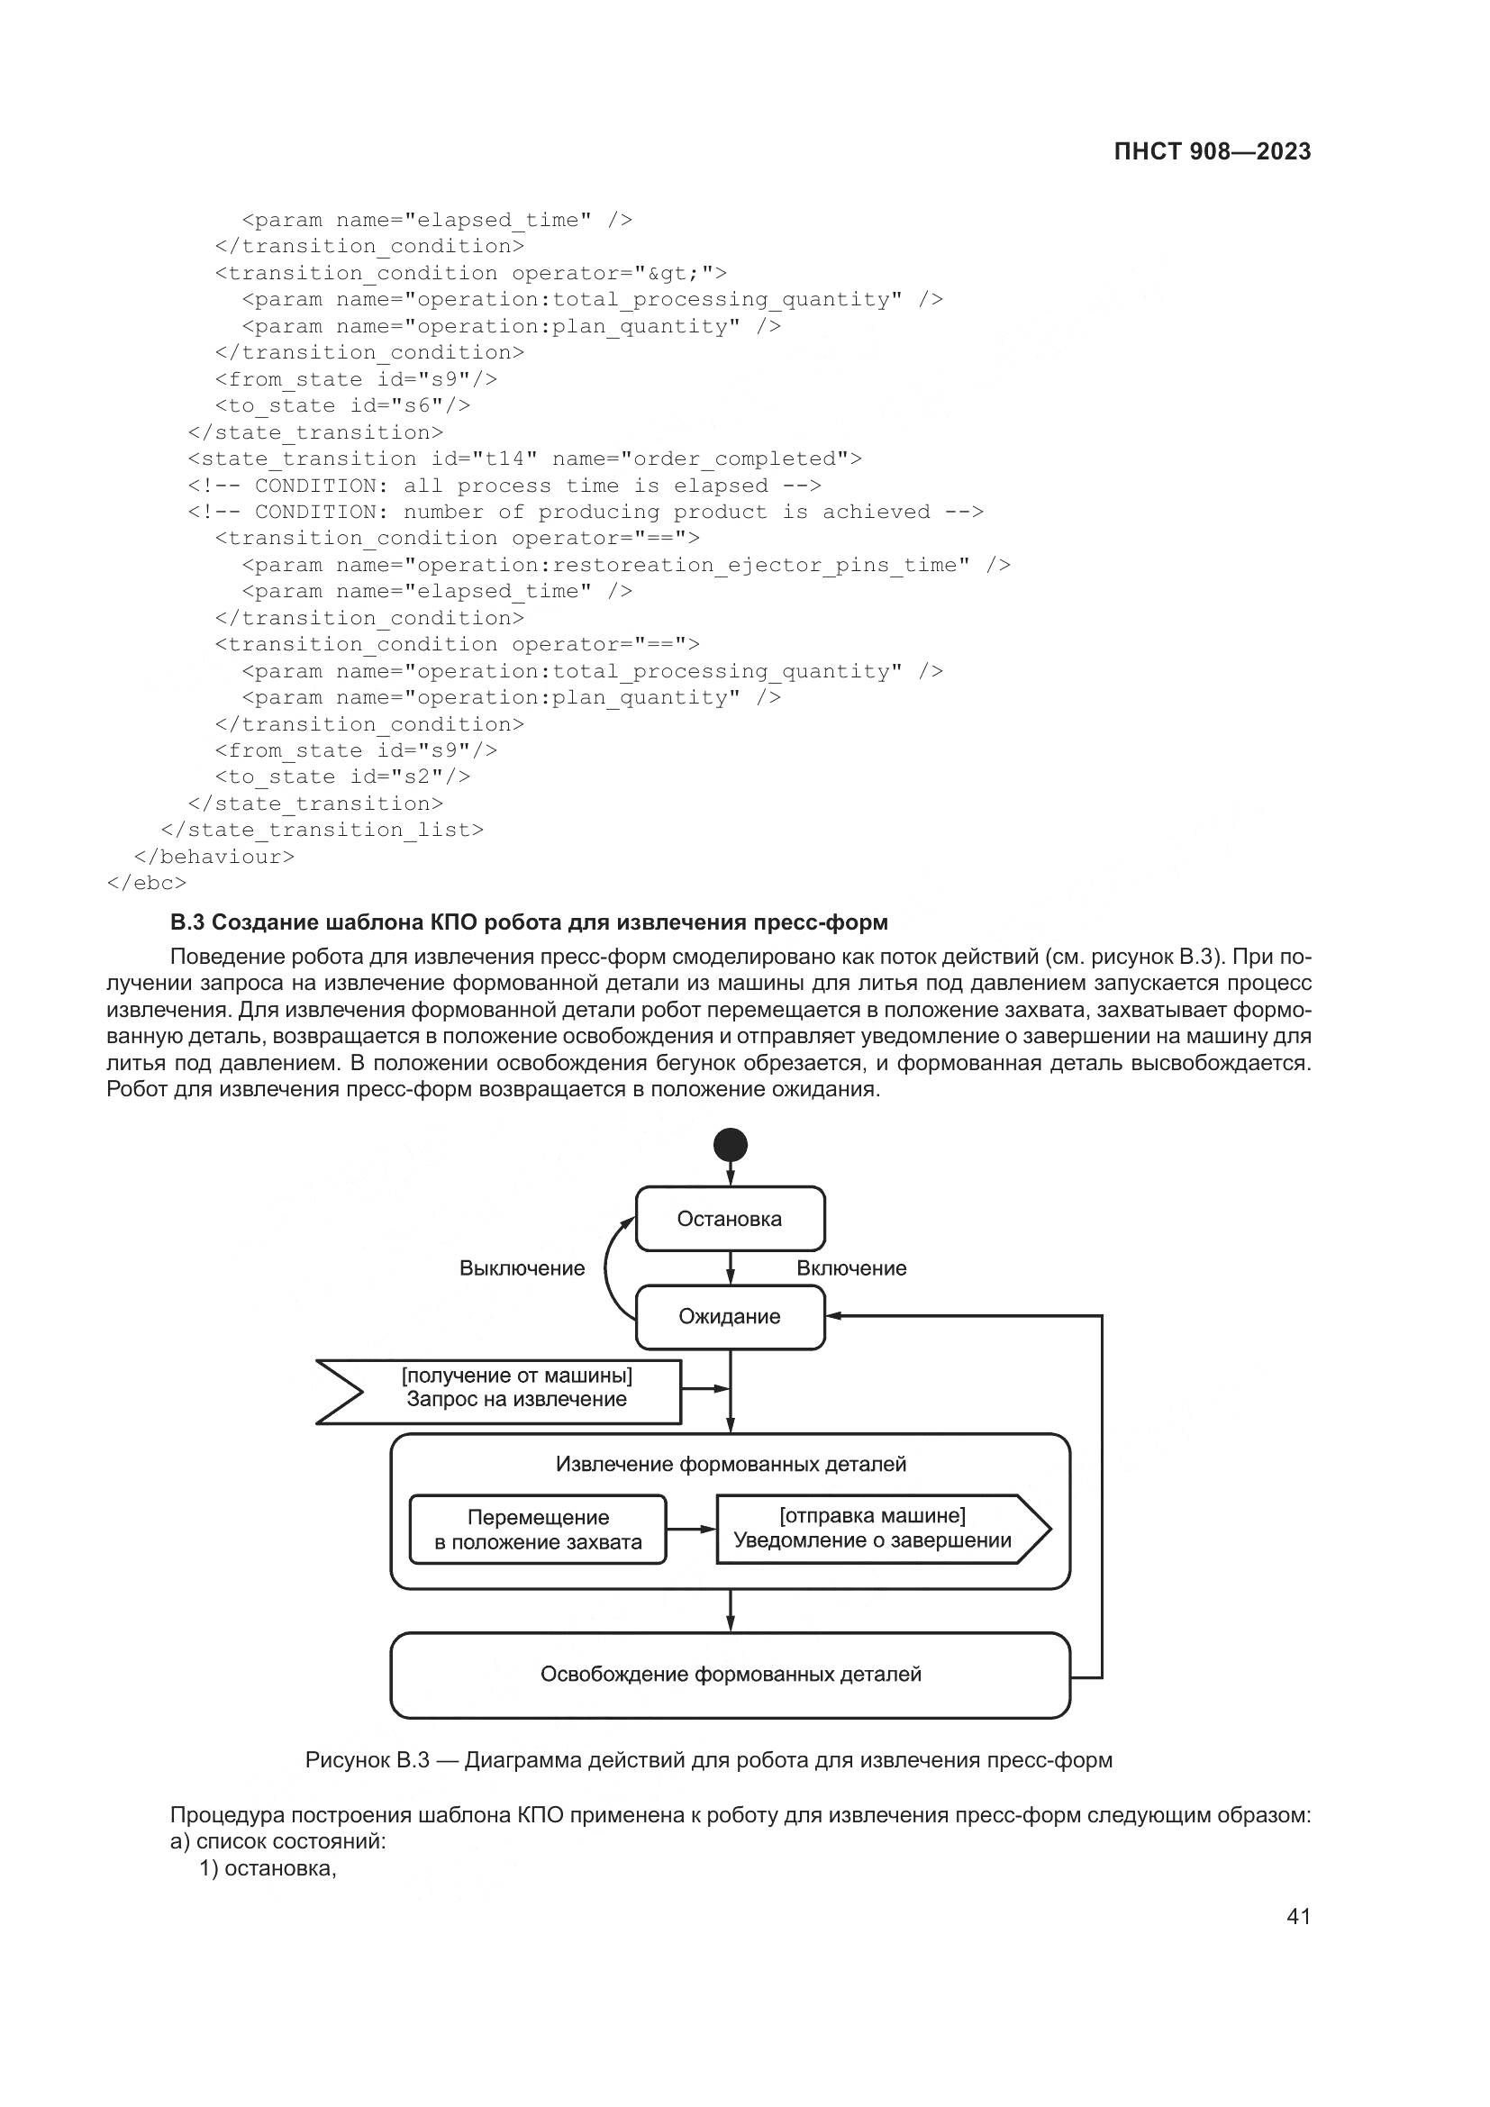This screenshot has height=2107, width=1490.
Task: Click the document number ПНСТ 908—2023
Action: (1212, 151)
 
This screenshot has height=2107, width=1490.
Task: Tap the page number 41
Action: (1298, 1916)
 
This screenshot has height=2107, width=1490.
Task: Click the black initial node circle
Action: (731, 1145)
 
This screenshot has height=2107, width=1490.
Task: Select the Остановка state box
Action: (731, 1219)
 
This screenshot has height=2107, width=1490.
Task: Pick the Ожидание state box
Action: (731, 1317)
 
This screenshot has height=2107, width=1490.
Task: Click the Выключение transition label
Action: (522, 1268)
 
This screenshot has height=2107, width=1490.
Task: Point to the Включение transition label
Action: (851, 1268)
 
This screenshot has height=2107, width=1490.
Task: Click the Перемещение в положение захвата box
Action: (538, 1530)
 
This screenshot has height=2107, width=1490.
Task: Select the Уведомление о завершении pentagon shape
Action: (877, 1529)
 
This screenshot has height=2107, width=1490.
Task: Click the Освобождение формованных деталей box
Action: (731, 1675)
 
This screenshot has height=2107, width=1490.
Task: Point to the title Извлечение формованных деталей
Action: (731, 1464)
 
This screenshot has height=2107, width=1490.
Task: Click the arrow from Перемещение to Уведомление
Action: (691, 1529)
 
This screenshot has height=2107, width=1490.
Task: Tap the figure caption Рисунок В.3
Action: (708, 1760)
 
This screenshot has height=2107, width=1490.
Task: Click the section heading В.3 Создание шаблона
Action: (530, 922)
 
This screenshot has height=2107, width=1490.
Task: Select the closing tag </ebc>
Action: (147, 883)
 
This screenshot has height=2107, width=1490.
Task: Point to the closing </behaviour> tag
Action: (214, 856)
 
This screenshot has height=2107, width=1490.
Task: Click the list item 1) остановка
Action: (268, 1868)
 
